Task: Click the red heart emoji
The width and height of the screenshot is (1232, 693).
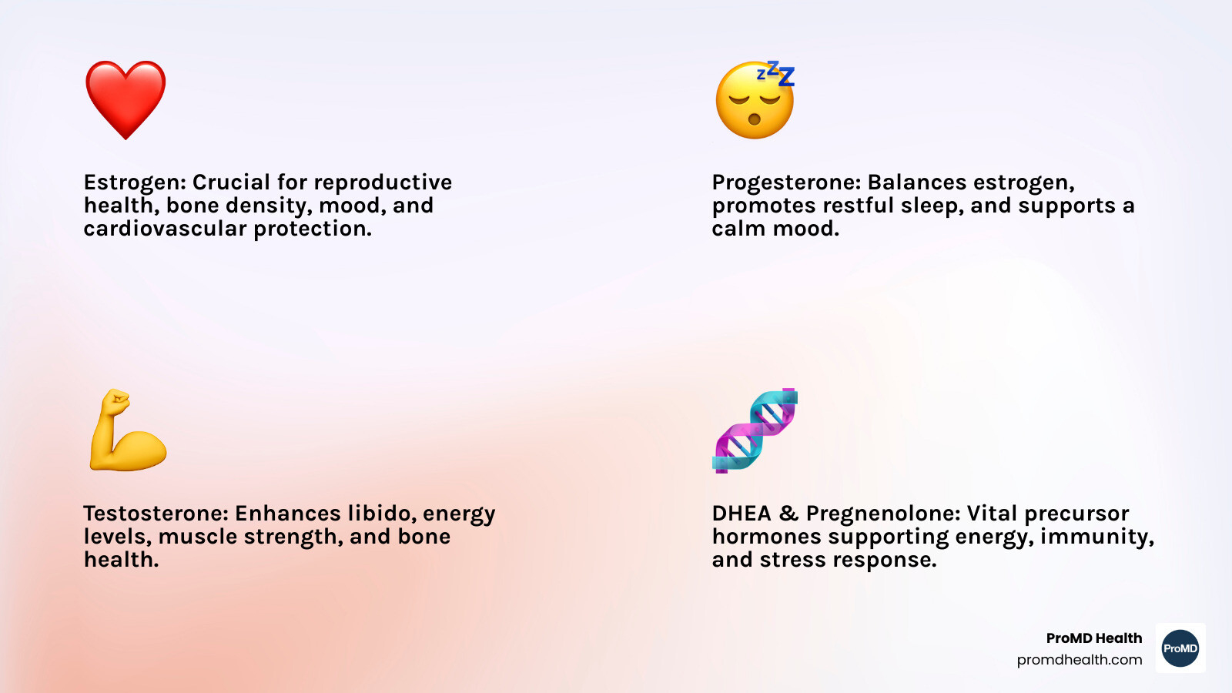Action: tap(126, 100)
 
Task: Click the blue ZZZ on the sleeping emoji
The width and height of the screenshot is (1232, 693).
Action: tap(776, 74)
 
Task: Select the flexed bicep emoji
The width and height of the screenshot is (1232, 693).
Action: tap(128, 430)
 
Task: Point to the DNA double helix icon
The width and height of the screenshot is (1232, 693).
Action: tap(755, 430)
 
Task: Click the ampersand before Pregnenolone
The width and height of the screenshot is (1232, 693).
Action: tap(788, 514)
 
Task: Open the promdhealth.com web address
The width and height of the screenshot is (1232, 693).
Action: tap(1079, 660)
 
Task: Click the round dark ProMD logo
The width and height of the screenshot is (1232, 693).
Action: tap(1180, 648)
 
